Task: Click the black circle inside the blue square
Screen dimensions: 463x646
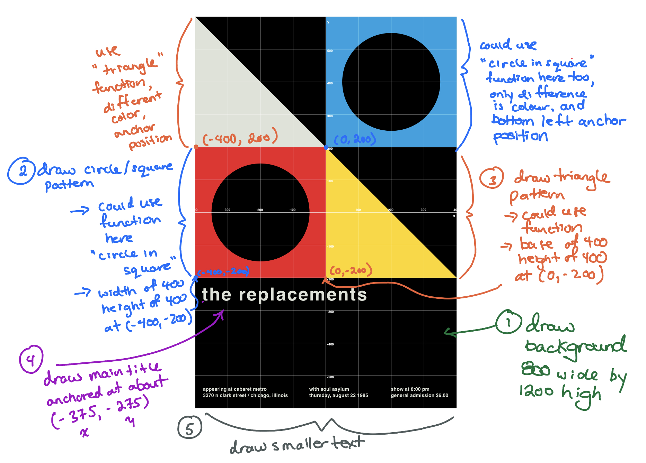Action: pyautogui.click(x=391, y=82)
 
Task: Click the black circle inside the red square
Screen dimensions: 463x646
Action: pyautogui.click(x=260, y=212)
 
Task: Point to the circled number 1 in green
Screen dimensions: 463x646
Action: pyautogui.click(x=508, y=322)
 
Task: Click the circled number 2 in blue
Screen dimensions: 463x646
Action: pyautogui.click(x=21, y=171)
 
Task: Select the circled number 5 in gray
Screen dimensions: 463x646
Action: pyautogui.click(x=189, y=427)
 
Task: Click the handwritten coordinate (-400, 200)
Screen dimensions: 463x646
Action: pyautogui.click(x=240, y=138)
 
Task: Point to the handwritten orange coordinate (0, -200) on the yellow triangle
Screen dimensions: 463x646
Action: pyautogui.click(x=351, y=270)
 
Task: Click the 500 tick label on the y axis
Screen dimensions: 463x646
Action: pyautogui.click(x=330, y=51)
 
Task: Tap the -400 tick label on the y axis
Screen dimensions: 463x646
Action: pyautogui.click(x=330, y=344)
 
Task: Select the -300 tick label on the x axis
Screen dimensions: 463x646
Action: pyautogui.click(x=227, y=210)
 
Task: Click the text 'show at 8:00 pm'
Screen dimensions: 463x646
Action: pyautogui.click(x=410, y=389)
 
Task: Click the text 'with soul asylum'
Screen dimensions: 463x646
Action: pyautogui.click(x=329, y=389)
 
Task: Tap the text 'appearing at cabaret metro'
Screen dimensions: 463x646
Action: pyautogui.click(x=234, y=389)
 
